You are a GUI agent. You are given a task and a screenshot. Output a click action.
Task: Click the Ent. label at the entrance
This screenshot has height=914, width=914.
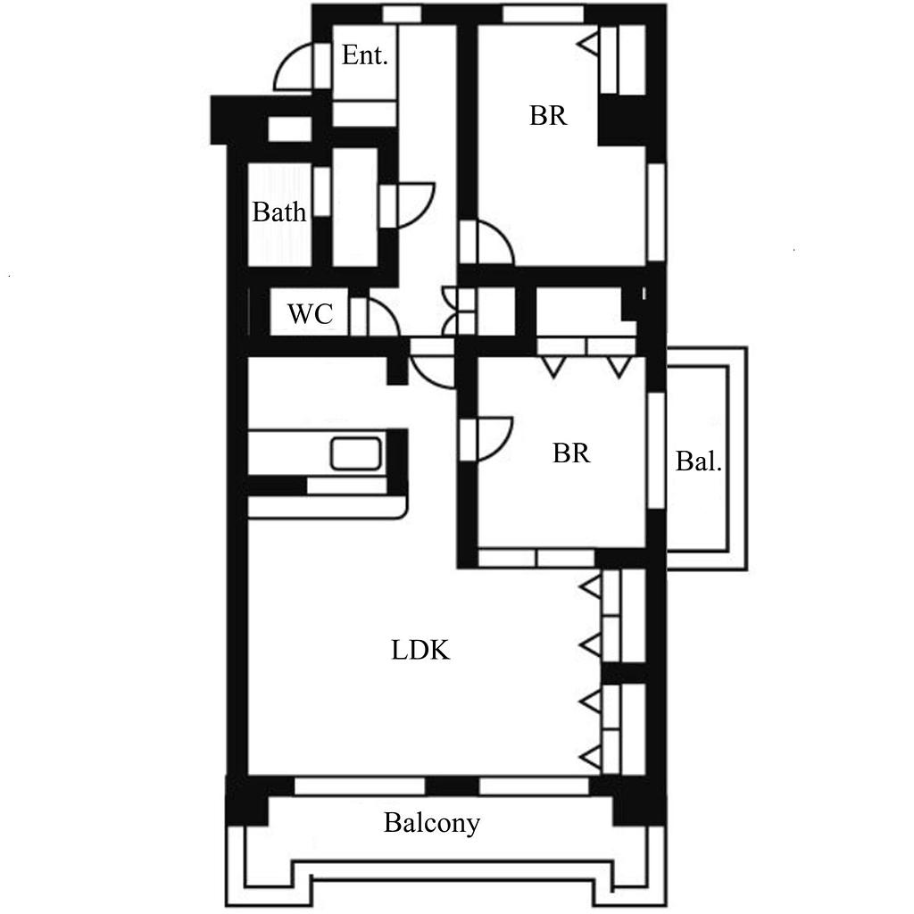(x=364, y=55)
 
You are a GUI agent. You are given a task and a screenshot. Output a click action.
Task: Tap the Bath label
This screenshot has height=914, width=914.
(x=279, y=212)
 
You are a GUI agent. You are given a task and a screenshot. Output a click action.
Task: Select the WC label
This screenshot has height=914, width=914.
(x=310, y=314)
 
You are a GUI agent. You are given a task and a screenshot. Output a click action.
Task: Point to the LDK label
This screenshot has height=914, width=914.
(x=420, y=650)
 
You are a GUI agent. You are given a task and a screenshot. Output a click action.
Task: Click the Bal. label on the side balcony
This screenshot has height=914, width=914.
(x=698, y=461)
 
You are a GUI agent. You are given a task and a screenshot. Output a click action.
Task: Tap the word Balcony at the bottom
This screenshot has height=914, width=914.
(x=432, y=823)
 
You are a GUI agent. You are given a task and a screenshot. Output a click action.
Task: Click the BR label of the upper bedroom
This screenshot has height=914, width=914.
(x=548, y=115)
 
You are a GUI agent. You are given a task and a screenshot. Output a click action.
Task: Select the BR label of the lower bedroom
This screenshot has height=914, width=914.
(x=571, y=453)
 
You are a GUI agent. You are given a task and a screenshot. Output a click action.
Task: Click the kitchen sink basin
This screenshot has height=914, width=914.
(x=356, y=453)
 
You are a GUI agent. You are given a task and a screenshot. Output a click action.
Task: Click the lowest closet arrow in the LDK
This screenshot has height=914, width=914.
(x=591, y=758)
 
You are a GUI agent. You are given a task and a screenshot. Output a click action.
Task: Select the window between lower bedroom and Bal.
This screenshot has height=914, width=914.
(x=657, y=451)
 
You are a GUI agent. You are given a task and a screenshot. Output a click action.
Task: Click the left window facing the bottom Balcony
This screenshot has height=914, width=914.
(x=360, y=785)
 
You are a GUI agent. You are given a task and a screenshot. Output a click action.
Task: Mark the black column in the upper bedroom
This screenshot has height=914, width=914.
(x=621, y=120)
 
